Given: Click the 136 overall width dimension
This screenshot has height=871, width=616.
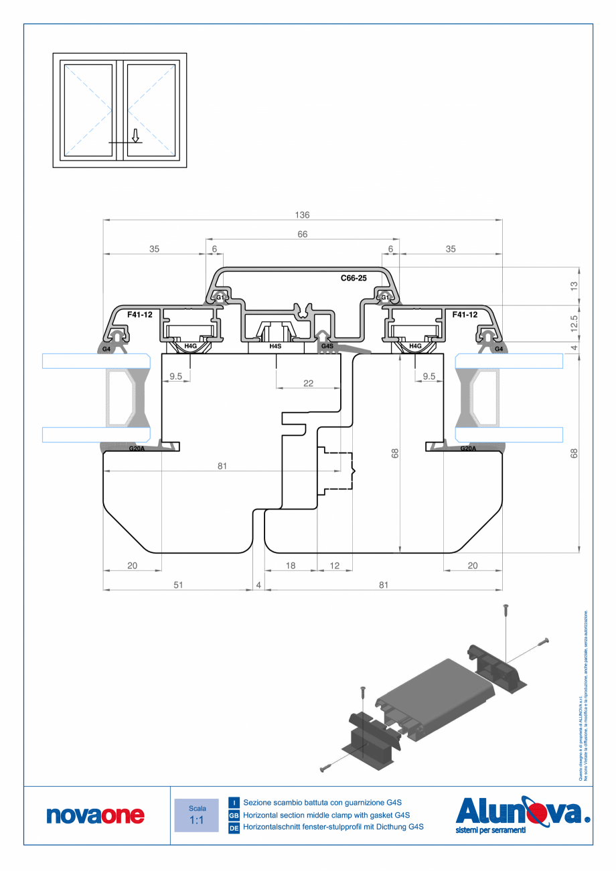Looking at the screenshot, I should coord(302,215).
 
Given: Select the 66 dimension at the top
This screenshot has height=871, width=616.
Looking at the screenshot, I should coord(302,234).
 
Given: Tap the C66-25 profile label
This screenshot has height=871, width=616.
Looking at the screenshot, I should coord(354,278).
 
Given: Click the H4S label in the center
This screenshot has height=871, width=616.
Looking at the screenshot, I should coord(275,346).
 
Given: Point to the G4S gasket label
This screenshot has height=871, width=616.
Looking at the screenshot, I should coord(327,346).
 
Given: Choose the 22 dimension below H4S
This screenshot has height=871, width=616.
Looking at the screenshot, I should coord(308,384).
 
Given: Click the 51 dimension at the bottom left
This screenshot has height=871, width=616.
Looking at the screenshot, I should coord(178,584).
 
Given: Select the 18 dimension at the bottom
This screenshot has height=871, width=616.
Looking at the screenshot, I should coord(291,566).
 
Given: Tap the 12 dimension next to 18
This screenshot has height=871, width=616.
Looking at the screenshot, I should coord(335,566).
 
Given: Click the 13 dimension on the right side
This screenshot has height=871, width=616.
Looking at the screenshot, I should coord(574,286).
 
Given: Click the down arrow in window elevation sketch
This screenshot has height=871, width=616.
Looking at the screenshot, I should coord(135,136).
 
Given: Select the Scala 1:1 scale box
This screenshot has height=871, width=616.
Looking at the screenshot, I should coord(196,815).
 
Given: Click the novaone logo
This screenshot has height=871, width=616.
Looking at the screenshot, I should coord(95,815).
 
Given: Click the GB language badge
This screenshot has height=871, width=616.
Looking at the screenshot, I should coord(234,815).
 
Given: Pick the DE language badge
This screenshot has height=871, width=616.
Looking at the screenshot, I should coord(234,828).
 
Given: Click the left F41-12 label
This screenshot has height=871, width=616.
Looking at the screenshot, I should coord(139,314).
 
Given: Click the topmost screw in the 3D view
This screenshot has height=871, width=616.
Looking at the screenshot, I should coord(506,609).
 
